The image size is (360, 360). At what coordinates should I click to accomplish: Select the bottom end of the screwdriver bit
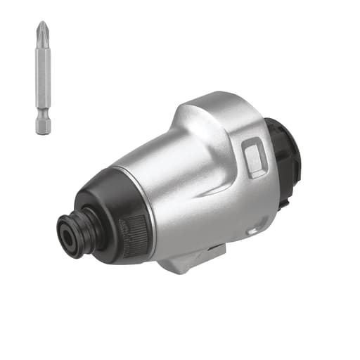click(x=43, y=131)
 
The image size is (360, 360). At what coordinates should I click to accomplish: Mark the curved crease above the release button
click(x=239, y=130)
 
